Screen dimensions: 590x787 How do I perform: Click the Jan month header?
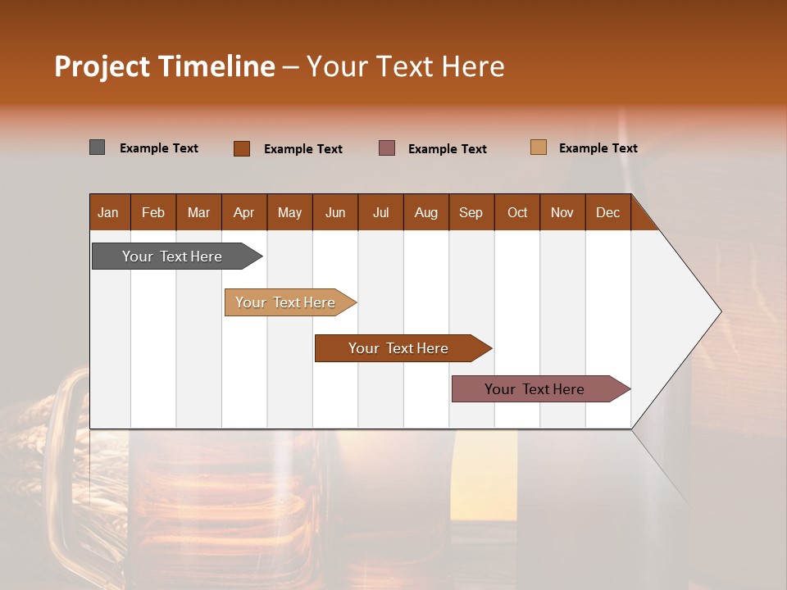pos(108,212)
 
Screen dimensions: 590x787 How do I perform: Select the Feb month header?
pos(153,212)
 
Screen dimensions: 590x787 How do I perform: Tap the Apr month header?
pos(243,212)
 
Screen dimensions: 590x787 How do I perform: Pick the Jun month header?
pos(335,212)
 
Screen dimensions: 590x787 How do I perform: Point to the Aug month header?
pos(425,212)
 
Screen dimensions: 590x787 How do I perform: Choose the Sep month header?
pos(471,212)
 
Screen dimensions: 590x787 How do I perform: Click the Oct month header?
pos(517,212)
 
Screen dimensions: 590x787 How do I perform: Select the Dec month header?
pos(607,212)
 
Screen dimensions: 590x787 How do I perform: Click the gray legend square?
pos(98,147)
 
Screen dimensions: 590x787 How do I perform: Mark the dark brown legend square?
pos(242,148)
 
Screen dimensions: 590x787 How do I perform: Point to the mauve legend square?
pos(387,147)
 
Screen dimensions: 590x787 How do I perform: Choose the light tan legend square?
pos(539,147)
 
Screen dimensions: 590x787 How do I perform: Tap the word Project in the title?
pos(102,66)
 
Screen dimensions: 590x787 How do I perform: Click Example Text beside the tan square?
pos(598,148)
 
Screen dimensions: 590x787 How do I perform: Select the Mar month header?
pos(198,212)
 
